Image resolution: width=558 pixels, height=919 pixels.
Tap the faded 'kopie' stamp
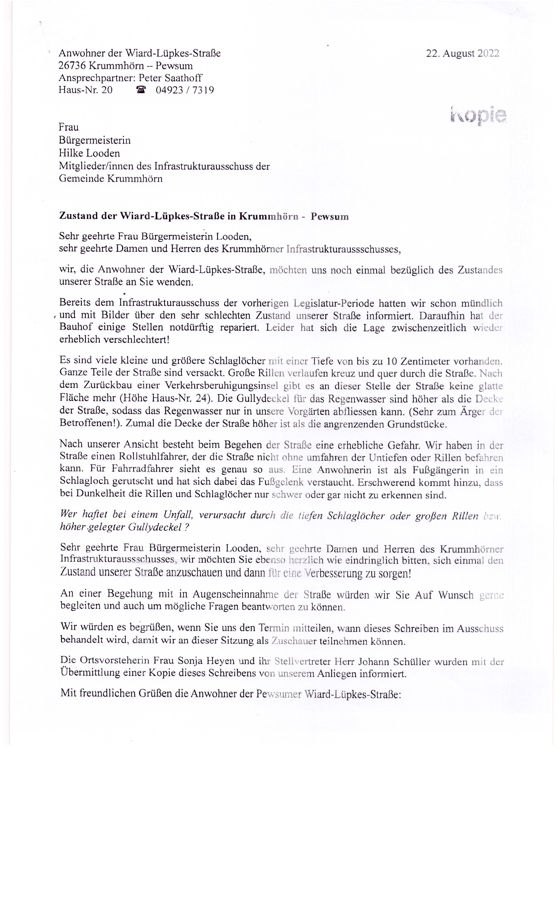click(x=478, y=116)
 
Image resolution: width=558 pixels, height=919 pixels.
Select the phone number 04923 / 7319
click(x=185, y=90)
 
